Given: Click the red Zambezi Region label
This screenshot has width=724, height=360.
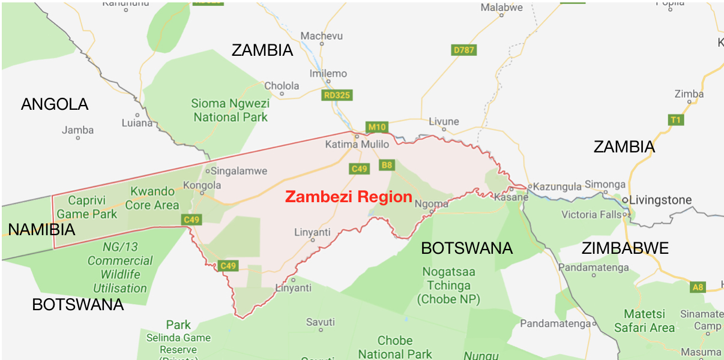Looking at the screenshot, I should point(348,197).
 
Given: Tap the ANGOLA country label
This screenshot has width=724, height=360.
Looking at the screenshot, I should point(55,104).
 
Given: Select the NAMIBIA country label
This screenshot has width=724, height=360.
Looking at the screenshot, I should point(41,229).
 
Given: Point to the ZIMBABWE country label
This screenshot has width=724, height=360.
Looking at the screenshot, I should point(625,248).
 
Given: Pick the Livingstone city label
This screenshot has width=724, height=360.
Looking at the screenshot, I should point(660,200).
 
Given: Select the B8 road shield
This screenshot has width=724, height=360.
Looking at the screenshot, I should point(387,165).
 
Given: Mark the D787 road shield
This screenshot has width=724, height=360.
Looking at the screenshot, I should point(463,50).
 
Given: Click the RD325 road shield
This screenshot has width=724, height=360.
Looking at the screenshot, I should point(336,95).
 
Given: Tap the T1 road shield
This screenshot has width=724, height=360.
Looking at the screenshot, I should point(676,120).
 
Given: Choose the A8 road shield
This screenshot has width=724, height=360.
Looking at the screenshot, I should point(697,287).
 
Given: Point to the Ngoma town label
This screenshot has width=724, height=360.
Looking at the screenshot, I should point(431,203).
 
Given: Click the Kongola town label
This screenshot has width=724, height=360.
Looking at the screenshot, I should point(202,185).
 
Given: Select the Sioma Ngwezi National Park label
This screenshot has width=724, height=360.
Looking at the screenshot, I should point(231,110).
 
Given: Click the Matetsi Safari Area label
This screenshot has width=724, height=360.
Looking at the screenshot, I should point(645,321).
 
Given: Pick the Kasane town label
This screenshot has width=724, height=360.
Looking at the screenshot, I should point(511,197).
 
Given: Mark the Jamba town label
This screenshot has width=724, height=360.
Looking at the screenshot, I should point(78,130).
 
